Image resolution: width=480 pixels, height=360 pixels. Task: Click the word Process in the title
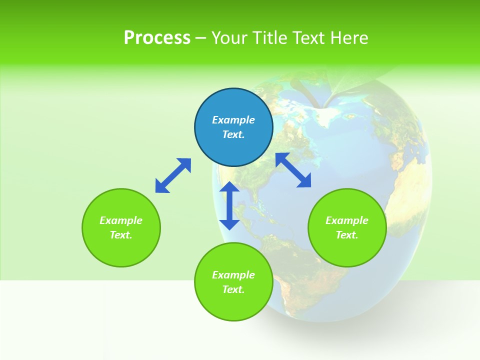[x=157, y=38]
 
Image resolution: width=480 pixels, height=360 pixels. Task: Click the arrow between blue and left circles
[x=173, y=175]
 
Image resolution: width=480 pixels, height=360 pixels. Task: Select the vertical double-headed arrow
[x=229, y=205]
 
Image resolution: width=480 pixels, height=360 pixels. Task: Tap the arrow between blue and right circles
[x=293, y=170]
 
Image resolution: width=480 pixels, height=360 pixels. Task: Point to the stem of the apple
[x=305, y=92]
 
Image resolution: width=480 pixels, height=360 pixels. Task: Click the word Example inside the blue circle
[x=233, y=120]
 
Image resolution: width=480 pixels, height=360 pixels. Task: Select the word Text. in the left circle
[x=121, y=235]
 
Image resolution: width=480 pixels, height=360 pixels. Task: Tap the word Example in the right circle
[x=347, y=220]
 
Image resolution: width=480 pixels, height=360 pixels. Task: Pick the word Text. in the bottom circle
[x=233, y=289]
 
